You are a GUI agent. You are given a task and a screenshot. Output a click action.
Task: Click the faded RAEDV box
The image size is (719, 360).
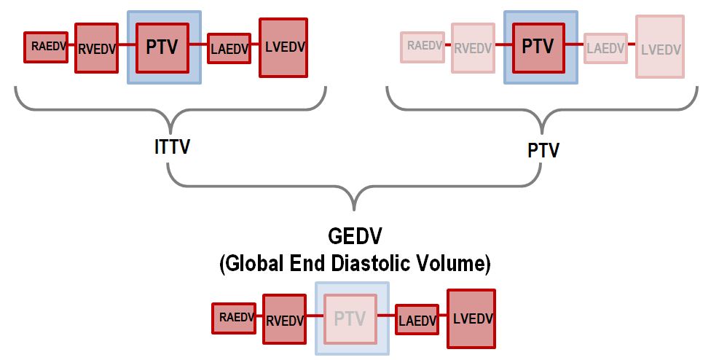coord(423,47)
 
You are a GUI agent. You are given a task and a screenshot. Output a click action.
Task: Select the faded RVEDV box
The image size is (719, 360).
coord(473,48)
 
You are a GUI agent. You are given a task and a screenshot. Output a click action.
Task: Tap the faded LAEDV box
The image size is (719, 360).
coord(606,48)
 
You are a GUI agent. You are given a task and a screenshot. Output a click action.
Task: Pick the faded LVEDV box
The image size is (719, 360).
coord(660,47)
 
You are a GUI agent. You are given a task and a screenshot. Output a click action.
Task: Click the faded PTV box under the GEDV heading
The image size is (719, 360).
coord(351,318)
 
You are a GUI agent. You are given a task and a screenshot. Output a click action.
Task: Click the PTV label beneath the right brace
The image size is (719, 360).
coord(543,150)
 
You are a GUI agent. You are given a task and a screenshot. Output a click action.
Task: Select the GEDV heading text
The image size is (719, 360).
coord(355,237)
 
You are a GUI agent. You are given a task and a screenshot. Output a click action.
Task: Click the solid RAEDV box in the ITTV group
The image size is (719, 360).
coord(46,47)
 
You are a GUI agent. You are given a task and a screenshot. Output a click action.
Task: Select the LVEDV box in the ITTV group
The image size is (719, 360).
coord(283,47)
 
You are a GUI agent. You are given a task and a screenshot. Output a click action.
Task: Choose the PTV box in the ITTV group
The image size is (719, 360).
coord(162,48)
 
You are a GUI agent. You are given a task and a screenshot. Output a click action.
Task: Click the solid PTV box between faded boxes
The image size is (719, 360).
coord(539,48)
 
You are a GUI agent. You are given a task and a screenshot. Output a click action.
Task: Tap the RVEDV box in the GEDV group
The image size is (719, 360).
coord(284,319)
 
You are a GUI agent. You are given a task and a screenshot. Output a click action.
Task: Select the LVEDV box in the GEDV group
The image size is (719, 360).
coord(471,318)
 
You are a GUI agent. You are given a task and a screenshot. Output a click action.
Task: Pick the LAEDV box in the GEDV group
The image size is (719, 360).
coord(417,319)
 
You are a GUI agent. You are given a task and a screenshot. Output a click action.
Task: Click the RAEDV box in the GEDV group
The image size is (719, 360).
coord(234,318)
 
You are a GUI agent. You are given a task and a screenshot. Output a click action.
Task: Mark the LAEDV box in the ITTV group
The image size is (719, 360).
coord(229,48)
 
